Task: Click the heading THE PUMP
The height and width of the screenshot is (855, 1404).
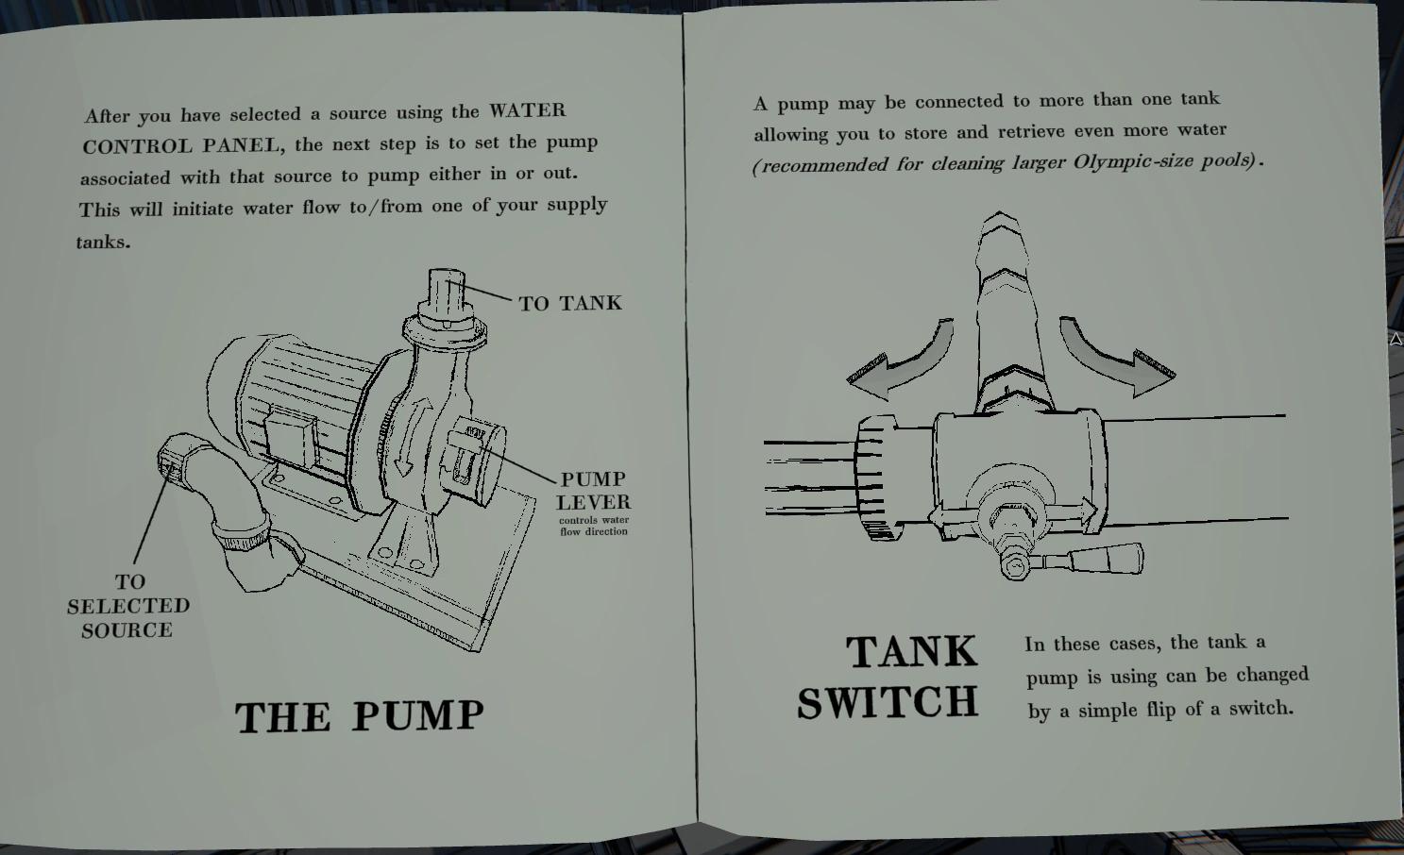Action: (x=360, y=715)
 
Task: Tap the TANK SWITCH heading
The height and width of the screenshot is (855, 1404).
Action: (x=888, y=677)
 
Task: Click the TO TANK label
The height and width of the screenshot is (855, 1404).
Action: (x=570, y=303)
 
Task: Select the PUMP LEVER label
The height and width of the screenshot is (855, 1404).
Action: (x=593, y=491)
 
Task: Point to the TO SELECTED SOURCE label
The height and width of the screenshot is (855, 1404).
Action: (x=128, y=606)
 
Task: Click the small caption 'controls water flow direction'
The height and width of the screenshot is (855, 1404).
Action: (x=594, y=526)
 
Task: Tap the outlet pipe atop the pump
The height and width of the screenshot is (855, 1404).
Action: (x=447, y=295)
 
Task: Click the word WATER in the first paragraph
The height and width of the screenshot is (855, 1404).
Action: (x=527, y=110)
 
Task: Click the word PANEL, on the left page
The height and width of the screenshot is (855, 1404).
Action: (x=245, y=145)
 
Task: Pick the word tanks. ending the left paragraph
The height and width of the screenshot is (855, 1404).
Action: (x=104, y=242)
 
